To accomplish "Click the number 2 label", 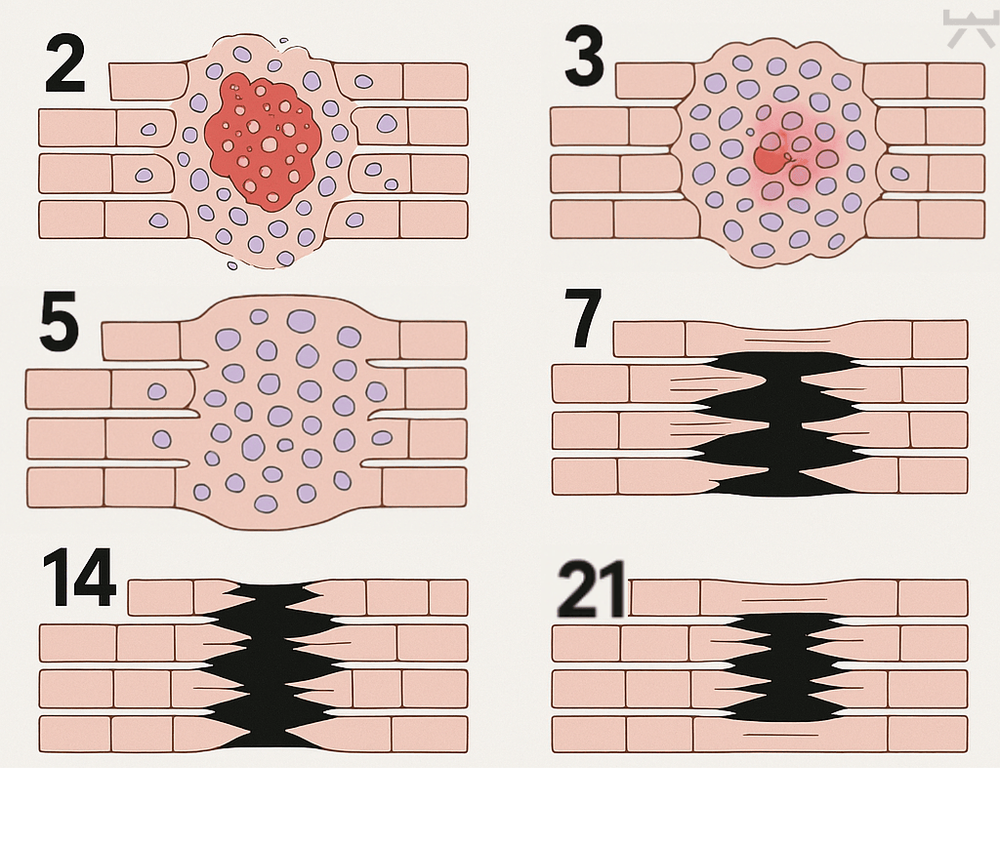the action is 65,64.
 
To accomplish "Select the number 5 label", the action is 59,322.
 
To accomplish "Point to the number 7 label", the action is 584,318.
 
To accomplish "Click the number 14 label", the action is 79,578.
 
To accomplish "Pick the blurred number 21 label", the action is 591,589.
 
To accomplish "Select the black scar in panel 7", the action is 782,423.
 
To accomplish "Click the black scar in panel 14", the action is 270,664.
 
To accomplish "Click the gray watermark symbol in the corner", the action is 969,28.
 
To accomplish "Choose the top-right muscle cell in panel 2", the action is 435,82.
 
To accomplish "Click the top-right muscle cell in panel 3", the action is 955,81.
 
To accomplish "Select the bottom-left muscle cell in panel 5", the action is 65,488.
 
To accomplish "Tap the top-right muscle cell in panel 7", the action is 940,340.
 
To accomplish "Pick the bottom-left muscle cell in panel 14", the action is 75,734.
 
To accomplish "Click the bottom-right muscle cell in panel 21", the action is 928,735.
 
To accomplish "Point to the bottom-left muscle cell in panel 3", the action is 582,220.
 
